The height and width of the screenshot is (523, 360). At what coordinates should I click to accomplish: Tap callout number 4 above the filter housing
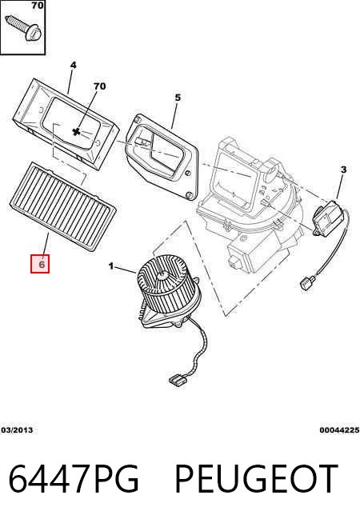[73, 65]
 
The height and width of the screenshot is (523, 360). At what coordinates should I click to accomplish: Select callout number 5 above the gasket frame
[178, 98]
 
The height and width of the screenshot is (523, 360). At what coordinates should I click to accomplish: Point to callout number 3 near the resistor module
[343, 170]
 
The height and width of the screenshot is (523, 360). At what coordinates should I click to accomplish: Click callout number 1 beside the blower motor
[111, 266]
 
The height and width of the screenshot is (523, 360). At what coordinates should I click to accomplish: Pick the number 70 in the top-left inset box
[38, 5]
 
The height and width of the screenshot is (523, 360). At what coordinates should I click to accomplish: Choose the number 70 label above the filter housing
[99, 86]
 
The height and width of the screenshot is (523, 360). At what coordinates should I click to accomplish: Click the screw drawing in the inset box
[24, 27]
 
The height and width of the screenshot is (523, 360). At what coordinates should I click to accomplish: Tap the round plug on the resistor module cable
[306, 284]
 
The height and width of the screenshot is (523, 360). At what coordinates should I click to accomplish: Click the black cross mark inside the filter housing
[77, 131]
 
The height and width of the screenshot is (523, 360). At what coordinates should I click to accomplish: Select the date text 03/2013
[17, 430]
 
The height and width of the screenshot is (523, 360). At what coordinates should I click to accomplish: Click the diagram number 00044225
[339, 430]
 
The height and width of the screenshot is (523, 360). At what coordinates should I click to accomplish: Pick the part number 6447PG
[74, 478]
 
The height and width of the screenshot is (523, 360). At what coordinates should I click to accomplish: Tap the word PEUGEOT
[256, 478]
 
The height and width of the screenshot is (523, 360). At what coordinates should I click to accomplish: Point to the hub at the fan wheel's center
[163, 275]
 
